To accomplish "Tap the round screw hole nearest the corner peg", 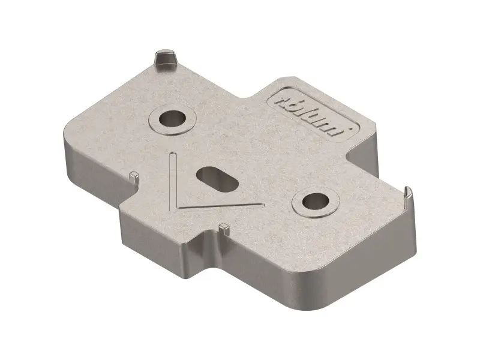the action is click(172, 118).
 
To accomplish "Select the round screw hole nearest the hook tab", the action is click(316, 202).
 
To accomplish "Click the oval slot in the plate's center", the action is click(217, 179).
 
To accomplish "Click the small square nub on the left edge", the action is click(134, 176).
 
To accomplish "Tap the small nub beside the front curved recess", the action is click(224, 228).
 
